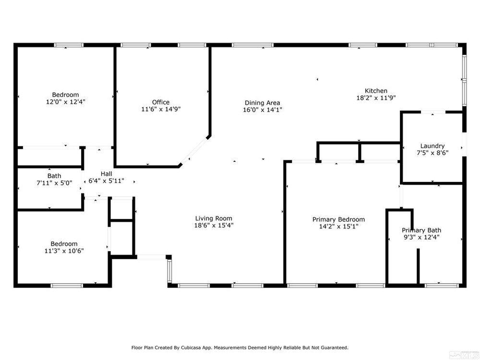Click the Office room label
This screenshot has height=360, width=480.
click(161, 102)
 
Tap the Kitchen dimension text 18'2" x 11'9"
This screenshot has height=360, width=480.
click(376, 98)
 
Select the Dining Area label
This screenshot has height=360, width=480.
click(263, 103)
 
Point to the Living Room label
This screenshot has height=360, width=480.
click(214, 218)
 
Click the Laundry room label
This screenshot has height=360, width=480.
click(432, 146)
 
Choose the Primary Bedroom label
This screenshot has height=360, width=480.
click(338, 219)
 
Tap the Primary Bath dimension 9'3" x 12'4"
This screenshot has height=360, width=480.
click(421, 237)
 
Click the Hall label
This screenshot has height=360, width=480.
click(106, 174)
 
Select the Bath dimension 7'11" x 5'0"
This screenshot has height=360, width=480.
click(55, 183)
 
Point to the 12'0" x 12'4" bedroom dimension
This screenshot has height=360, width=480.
click(65, 102)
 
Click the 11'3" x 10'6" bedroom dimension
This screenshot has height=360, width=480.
click(64, 251)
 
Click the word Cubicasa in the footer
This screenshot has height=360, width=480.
click(191, 348)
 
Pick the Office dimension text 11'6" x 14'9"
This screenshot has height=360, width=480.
click(161, 109)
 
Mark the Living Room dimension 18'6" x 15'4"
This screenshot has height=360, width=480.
click(214, 226)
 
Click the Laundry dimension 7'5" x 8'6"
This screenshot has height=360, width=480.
click(432, 153)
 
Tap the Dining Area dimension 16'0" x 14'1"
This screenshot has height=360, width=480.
click(263, 110)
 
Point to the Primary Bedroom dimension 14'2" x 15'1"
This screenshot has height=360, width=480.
click(338, 227)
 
